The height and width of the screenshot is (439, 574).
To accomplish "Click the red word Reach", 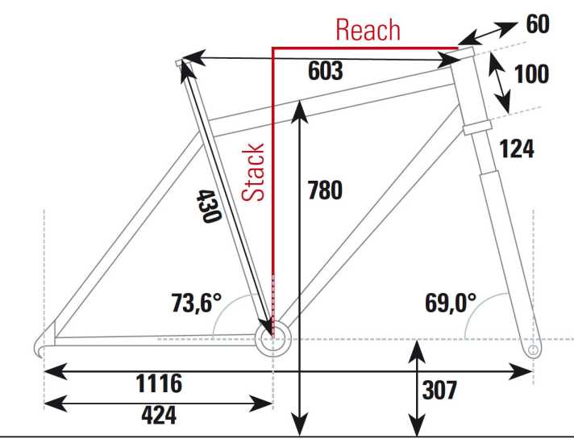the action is pos(368,30).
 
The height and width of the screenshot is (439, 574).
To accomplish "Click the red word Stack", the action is pos(253,172).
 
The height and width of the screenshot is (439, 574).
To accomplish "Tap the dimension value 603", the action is pos(326,71).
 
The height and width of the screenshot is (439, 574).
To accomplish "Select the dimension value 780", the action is pos(325,190).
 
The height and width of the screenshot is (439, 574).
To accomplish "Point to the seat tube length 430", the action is pos(209,206).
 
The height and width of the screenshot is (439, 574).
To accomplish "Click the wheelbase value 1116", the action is pos(159,383).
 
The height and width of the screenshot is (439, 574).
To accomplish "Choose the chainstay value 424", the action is pos(159,415).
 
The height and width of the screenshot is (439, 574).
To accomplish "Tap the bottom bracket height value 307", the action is pos(439,391).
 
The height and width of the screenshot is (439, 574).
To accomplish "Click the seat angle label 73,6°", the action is pos(197,303).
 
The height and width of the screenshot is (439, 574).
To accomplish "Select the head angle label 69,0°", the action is pos(451,303).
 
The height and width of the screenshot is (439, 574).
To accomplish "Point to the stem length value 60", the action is pos(538,24).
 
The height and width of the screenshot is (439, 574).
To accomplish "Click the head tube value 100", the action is pos(531,73).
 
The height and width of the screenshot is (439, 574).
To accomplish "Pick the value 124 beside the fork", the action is pos(517,148).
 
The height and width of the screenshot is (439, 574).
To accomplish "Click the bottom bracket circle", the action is pos(272,339).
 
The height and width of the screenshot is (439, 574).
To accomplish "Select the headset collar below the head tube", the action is pos(477,128).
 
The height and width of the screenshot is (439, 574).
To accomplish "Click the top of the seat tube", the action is pos(179,63).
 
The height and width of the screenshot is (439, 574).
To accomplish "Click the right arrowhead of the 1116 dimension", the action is pos(521,371).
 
